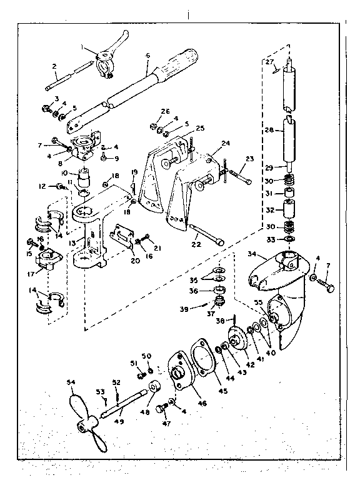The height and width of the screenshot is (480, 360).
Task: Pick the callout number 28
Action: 269,130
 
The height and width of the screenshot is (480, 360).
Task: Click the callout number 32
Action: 271,211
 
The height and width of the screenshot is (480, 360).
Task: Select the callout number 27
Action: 269,62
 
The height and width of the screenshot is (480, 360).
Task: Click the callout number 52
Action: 116,382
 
